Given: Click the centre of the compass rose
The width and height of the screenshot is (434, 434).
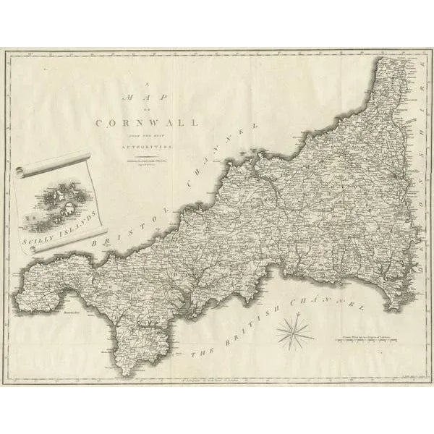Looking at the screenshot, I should click(x=294, y=333).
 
